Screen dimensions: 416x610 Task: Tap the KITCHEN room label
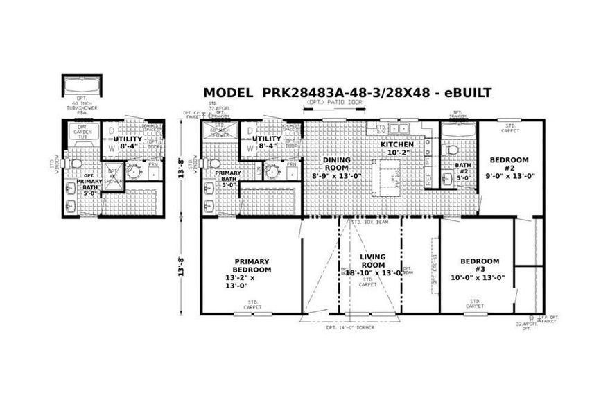coord(397,144)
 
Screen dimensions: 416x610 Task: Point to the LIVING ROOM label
coord(372,261)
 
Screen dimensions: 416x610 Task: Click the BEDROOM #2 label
coord(509,164)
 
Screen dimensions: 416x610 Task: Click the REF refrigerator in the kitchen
coord(428,179)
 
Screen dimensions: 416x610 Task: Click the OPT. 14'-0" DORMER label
coord(350,328)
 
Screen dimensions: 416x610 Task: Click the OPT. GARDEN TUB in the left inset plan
coord(81,131)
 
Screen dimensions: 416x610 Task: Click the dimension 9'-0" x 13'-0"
coord(509,176)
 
